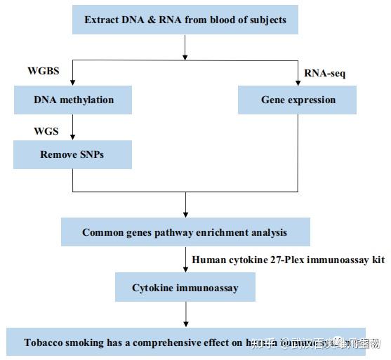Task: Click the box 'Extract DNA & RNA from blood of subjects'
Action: click(x=185, y=20)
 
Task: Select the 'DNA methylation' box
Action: click(x=73, y=100)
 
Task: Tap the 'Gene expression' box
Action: click(x=298, y=100)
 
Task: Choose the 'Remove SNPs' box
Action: click(x=72, y=154)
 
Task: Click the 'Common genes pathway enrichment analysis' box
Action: click(x=185, y=232)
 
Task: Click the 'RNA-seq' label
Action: click(x=325, y=72)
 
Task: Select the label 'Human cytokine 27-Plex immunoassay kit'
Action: click(x=289, y=260)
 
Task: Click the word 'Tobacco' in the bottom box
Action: click(x=46, y=343)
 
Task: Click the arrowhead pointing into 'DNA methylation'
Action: click(x=73, y=82)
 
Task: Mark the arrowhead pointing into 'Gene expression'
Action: click(x=298, y=82)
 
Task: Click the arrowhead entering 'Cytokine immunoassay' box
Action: click(x=185, y=269)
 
